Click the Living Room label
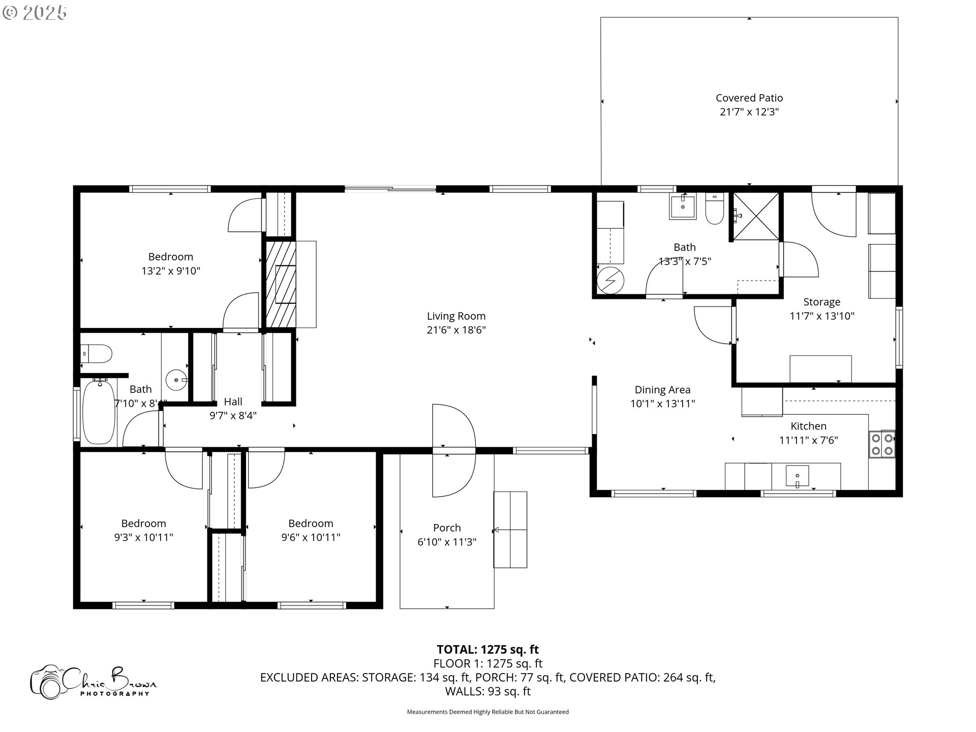456,316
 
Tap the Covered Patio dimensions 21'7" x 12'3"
749,112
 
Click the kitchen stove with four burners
881,444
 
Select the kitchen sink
797,477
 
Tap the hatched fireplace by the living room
281,284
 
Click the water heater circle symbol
609,281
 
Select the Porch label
447,528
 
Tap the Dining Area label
662,390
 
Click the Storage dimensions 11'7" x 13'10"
821,316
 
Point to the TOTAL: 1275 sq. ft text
487,649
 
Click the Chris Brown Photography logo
94,681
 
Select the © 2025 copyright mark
35,12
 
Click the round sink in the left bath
176,379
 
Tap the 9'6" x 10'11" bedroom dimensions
311,537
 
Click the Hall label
233,402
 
